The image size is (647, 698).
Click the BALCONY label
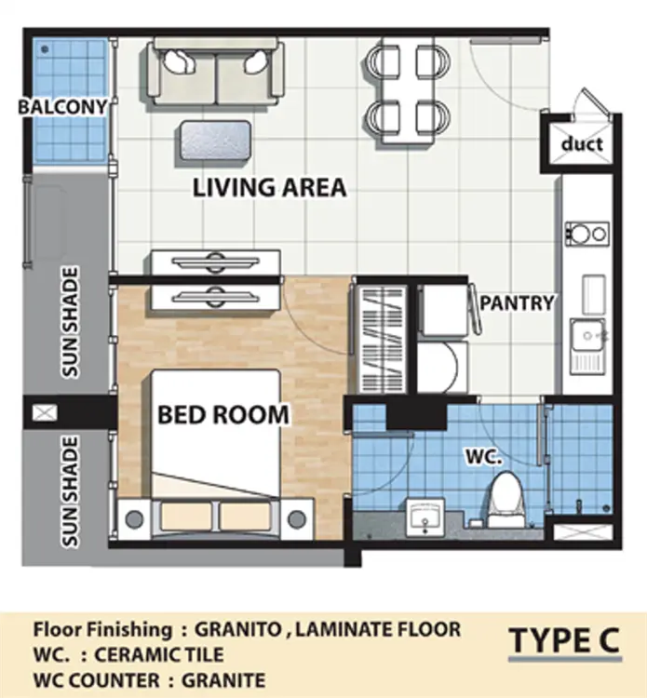click(62, 107)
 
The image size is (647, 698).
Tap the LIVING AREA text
click(270, 187)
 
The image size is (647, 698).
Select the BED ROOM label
click(223, 415)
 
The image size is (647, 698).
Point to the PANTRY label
click(517, 302)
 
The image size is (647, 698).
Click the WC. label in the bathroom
click(483, 456)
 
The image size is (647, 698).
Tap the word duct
click(582, 143)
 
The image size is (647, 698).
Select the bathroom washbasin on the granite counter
click(425, 517)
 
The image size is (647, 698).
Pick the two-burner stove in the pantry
click(586, 234)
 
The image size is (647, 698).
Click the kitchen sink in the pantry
click(587, 345)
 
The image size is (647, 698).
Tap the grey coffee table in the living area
click(216, 141)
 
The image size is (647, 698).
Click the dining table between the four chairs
click(408, 91)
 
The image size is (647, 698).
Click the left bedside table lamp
click(134, 518)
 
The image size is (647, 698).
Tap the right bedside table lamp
click(297, 518)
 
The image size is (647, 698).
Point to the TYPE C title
click(564, 639)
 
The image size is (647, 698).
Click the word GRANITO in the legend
click(237, 629)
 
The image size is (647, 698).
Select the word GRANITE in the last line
click(223, 680)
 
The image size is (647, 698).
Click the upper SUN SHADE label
click(70, 323)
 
